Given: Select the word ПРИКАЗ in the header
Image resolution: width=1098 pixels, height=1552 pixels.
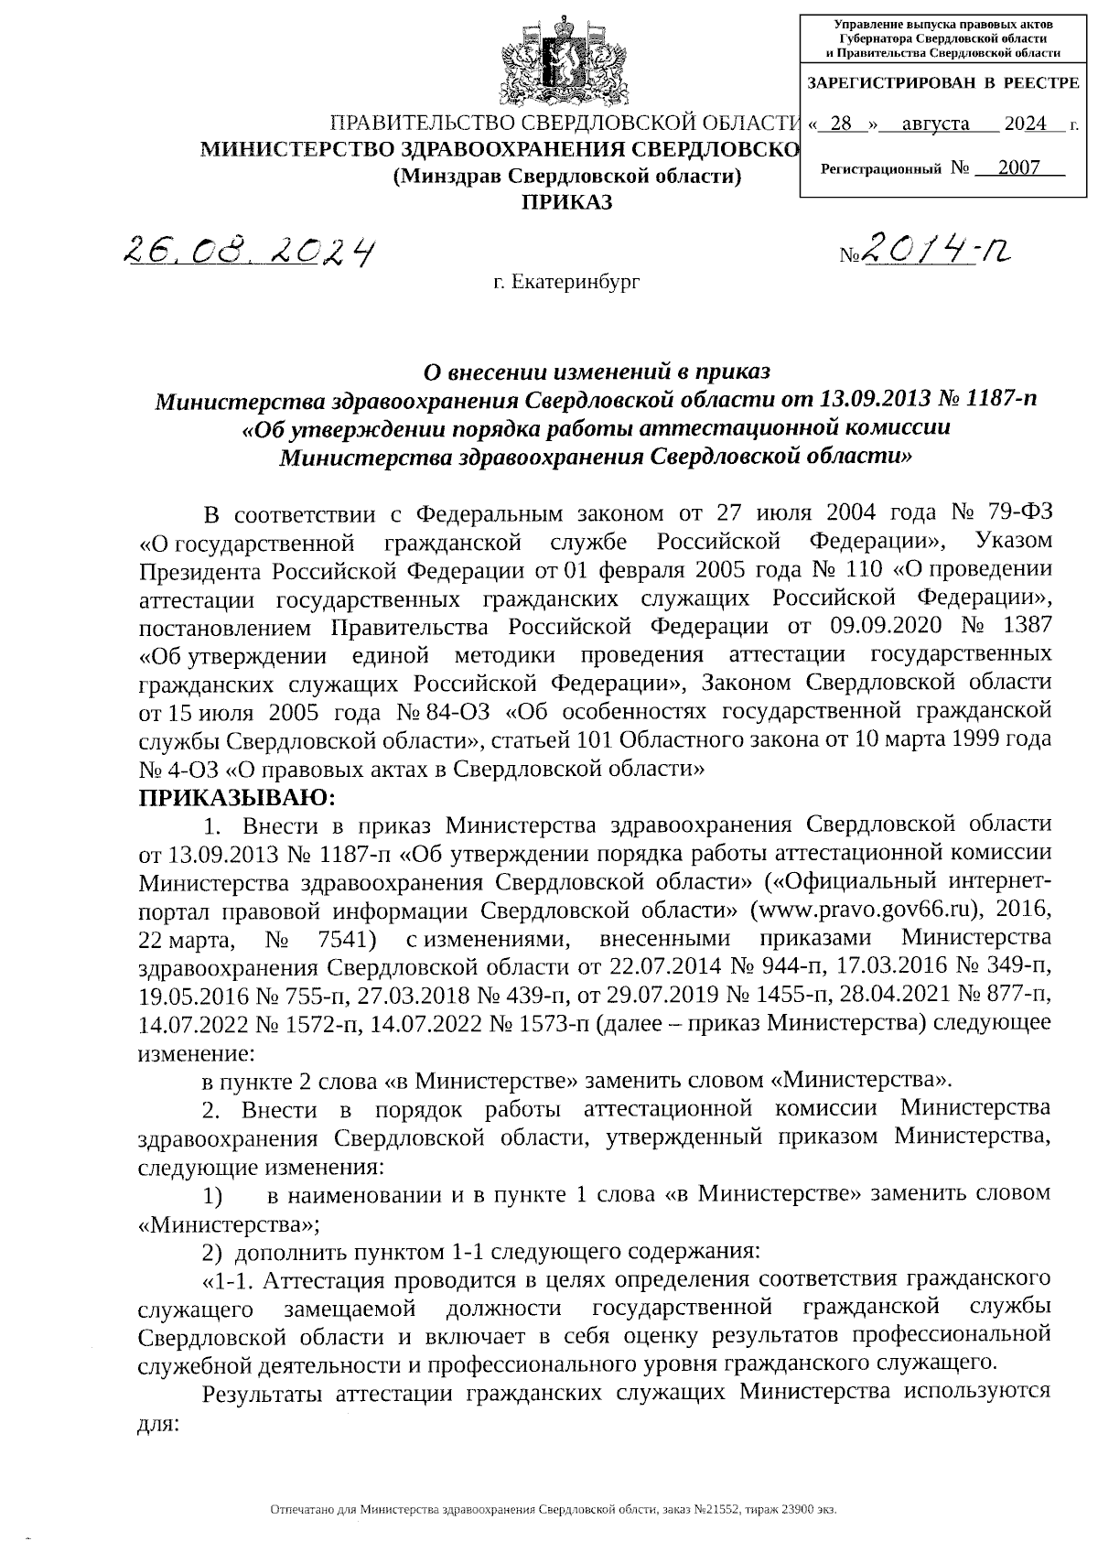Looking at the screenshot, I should click(x=566, y=202).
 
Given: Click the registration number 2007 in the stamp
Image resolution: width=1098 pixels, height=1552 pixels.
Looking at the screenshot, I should click(x=1018, y=167).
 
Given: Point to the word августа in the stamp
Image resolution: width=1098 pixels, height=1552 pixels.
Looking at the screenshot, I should click(x=935, y=124).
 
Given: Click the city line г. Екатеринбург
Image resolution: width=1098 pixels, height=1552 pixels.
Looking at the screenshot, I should click(x=566, y=282).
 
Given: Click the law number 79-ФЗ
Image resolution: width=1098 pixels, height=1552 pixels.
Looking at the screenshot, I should click(x=1019, y=512).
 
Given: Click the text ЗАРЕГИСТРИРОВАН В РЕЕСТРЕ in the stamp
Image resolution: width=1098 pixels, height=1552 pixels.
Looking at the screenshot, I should click(x=942, y=83).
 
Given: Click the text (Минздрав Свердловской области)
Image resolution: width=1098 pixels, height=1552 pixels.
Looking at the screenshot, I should click(x=566, y=177).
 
